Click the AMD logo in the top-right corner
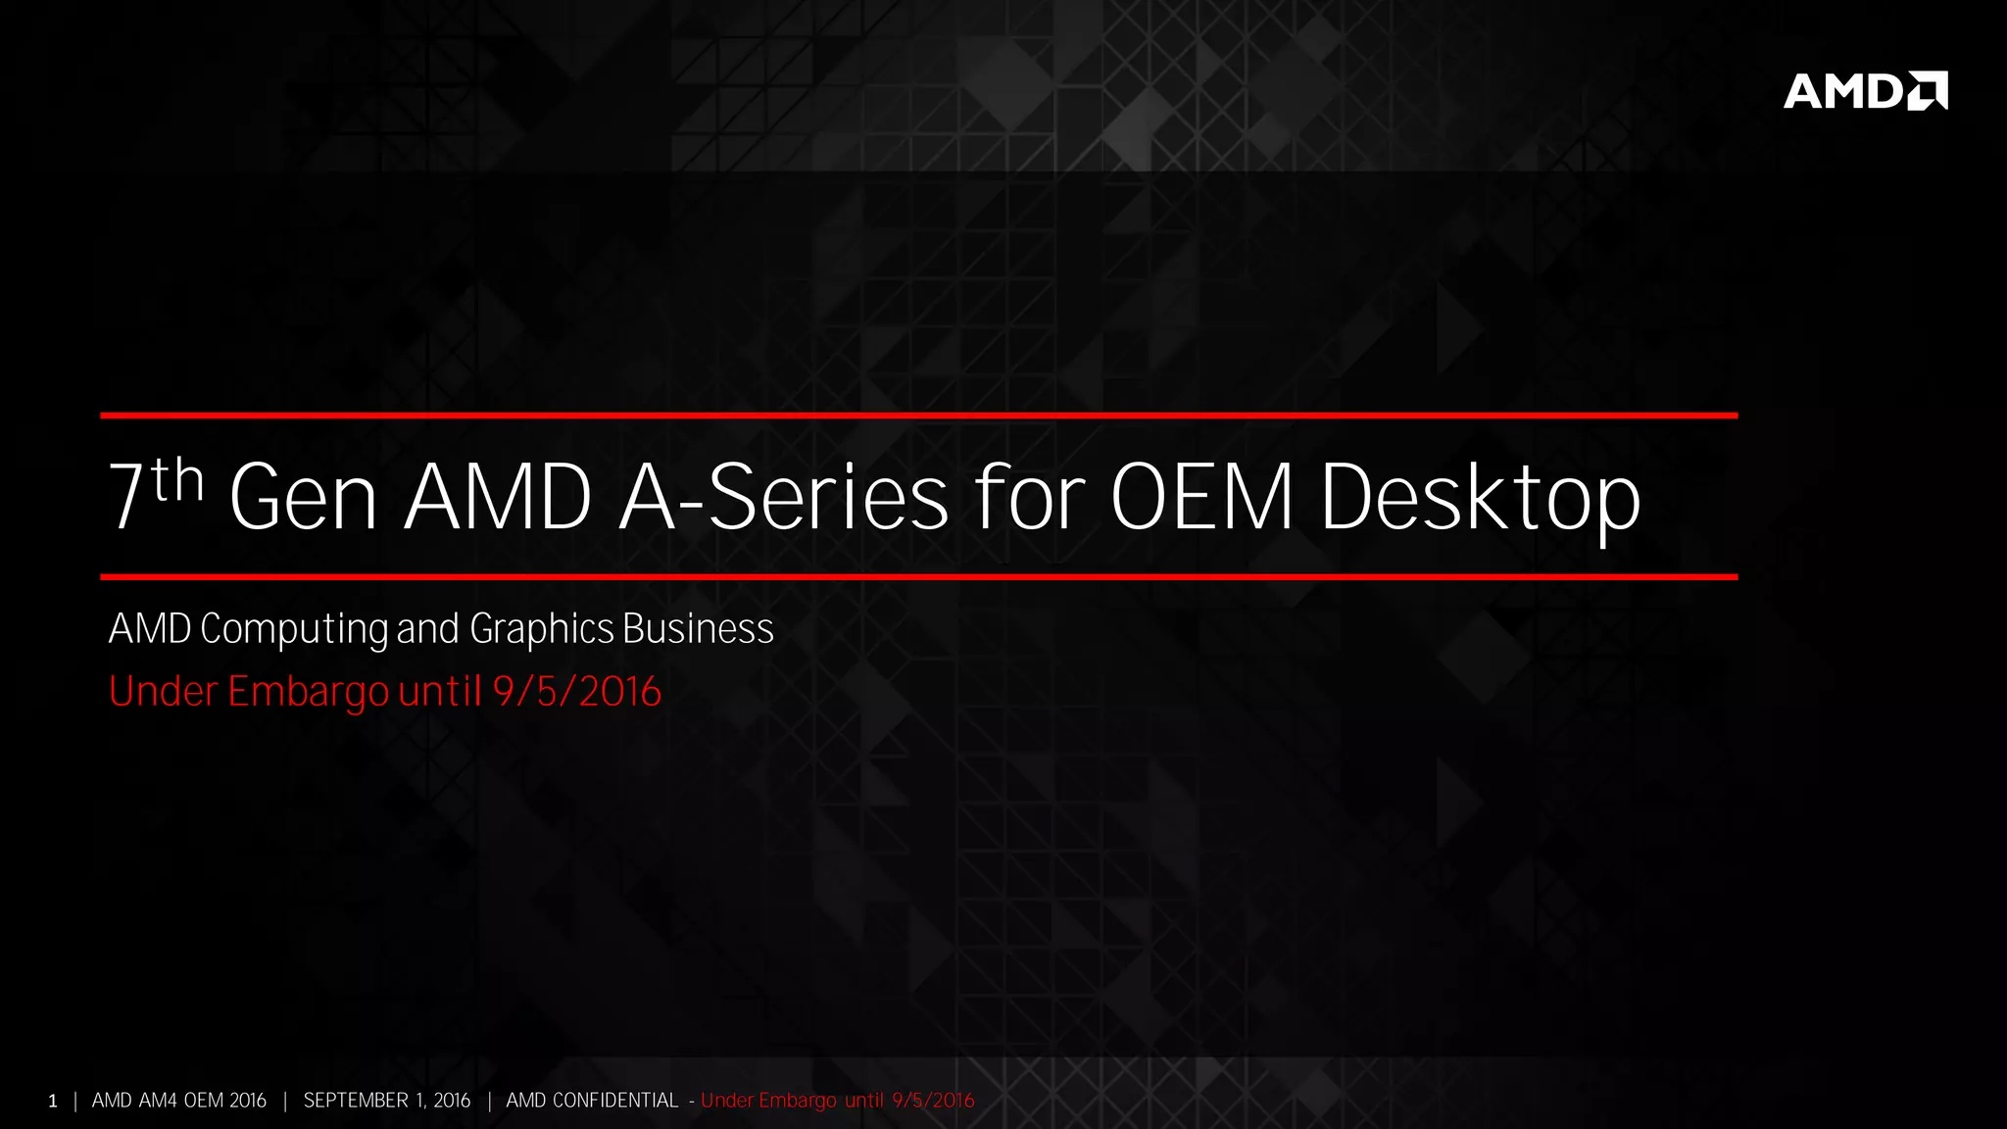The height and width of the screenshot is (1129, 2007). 1864,91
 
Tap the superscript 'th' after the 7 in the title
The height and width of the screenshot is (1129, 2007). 178,480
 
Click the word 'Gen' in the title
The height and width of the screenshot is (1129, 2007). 303,498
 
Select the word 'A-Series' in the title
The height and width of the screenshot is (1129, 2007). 784,498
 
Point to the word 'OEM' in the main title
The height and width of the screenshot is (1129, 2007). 1201,498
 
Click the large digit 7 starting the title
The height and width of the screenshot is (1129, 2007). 126,498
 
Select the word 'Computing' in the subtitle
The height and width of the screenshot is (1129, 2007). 294,629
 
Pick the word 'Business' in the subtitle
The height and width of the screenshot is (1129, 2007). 698,629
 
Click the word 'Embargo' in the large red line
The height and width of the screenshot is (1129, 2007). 308,692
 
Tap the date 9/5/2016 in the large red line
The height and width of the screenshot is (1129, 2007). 577,692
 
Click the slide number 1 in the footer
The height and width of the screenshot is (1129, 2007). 53,1102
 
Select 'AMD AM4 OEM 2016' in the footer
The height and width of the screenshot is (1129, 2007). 179,1101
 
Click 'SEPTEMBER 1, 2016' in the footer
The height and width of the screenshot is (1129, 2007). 387,1101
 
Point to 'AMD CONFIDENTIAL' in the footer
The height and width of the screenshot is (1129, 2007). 592,1101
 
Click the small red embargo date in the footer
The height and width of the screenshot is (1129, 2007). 933,1101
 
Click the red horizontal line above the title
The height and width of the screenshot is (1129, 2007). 918,416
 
